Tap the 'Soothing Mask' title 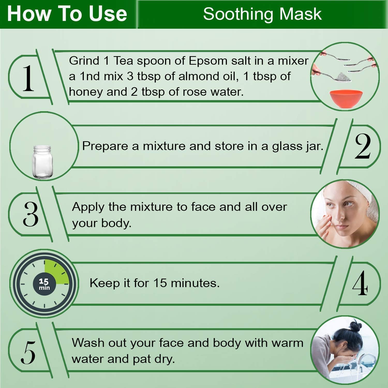coord(262,14)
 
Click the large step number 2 coord(363,146)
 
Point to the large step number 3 coord(31,214)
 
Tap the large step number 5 coord(28,352)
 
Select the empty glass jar coord(42,162)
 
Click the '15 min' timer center coord(44,284)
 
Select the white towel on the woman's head coord(362,197)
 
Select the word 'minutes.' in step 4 coord(195,283)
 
